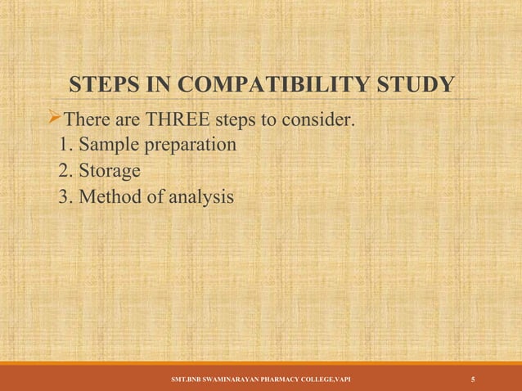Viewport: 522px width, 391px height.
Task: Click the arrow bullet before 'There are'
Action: point(56,122)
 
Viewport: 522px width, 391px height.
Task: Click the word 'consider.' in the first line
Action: point(319,123)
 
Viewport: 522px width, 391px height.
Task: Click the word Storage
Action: point(110,173)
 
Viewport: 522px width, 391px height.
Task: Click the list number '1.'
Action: point(69,146)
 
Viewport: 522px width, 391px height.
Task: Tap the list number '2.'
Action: point(69,172)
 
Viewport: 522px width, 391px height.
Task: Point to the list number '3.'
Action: point(69,197)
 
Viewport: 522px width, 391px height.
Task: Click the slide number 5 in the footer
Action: point(474,380)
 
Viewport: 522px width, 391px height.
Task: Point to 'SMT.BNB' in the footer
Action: point(182,380)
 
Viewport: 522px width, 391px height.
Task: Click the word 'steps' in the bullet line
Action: point(236,123)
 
